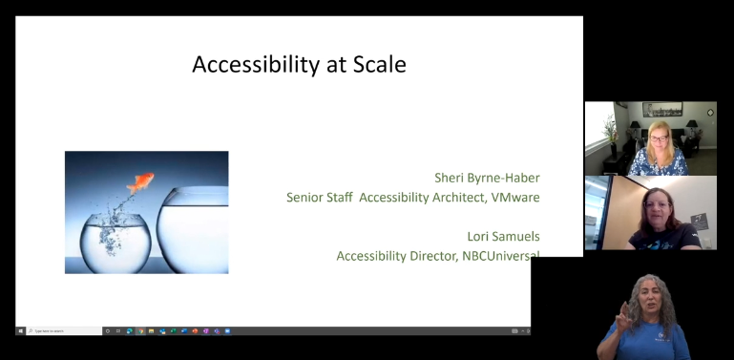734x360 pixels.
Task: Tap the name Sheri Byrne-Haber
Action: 487,177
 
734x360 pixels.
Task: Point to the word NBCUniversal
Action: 494,256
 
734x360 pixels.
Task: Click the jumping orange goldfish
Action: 142,180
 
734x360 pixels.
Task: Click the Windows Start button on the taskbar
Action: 20,330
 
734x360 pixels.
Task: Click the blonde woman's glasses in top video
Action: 658,137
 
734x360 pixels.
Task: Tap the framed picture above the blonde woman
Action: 662,110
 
